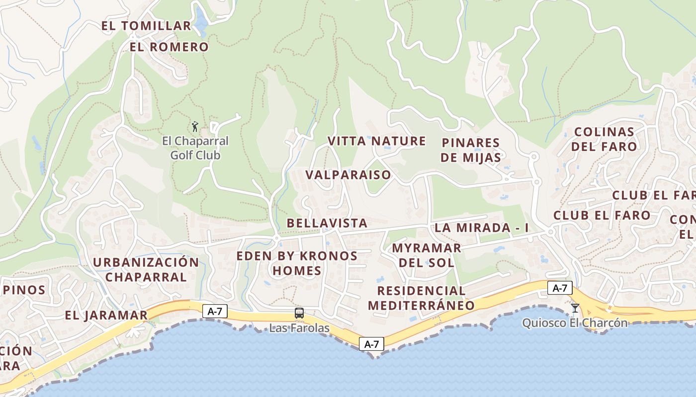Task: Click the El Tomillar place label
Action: point(146,26)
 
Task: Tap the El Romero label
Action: point(169,47)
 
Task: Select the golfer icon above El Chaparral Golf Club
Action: point(195,127)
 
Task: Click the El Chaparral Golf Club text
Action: point(195,148)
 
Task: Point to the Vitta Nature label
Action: point(376,141)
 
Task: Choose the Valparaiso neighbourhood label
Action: point(348,175)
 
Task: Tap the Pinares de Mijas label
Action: point(471,150)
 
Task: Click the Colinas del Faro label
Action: point(604,139)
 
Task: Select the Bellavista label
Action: point(327,223)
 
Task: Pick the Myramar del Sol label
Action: point(427,255)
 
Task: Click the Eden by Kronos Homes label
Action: point(297,264)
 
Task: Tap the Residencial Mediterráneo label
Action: point(421,298)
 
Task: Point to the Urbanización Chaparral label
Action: point(146,269)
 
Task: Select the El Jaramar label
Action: point(106,316)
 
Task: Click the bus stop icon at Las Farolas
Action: point(299,313)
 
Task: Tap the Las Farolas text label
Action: point(299,328)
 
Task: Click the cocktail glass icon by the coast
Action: point(575,308)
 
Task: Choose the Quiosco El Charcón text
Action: point(575,323)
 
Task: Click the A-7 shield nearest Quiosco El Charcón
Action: point(560,288)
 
